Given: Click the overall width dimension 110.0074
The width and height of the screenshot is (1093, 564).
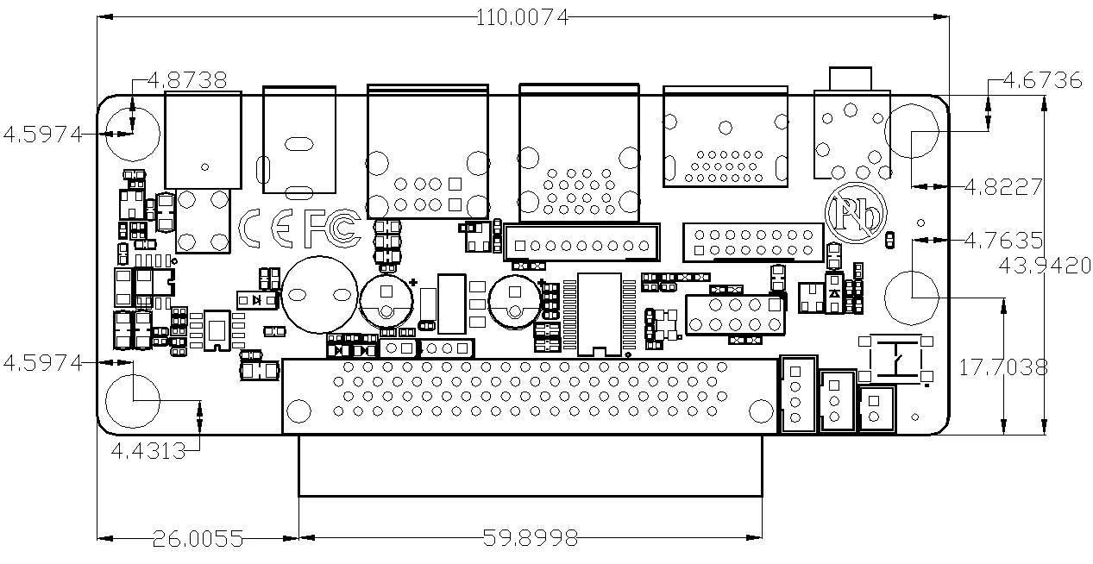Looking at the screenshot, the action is point(522,18).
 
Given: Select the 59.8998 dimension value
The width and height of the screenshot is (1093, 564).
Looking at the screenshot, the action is point(530,538).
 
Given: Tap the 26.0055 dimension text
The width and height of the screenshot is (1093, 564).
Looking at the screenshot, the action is point(198,539).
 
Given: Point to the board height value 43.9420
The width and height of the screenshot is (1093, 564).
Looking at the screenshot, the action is point(1045,266).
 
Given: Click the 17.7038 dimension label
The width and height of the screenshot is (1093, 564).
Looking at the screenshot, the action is point(1003,367).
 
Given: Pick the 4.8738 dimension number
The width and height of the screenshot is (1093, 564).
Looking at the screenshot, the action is point(187,80).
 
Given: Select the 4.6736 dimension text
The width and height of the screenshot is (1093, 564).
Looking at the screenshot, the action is point(1042,80).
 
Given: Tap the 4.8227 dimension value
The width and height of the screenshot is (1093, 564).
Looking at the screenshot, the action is point(1003,187).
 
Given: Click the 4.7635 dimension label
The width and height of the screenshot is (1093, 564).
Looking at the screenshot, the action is point(1003,241).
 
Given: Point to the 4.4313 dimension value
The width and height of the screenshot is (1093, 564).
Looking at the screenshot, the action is point(148,451).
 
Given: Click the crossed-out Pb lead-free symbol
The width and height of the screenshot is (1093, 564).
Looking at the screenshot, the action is point(856,213).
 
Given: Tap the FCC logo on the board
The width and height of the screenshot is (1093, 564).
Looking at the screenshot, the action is point(333,228).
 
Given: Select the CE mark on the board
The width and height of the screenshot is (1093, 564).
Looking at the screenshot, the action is point(266,228).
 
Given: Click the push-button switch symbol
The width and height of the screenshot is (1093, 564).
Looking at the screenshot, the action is point(895,359).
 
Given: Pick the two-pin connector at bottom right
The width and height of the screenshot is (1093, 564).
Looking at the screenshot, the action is point(876,409).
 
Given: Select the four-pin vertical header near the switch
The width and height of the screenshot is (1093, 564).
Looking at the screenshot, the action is point(798,394).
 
